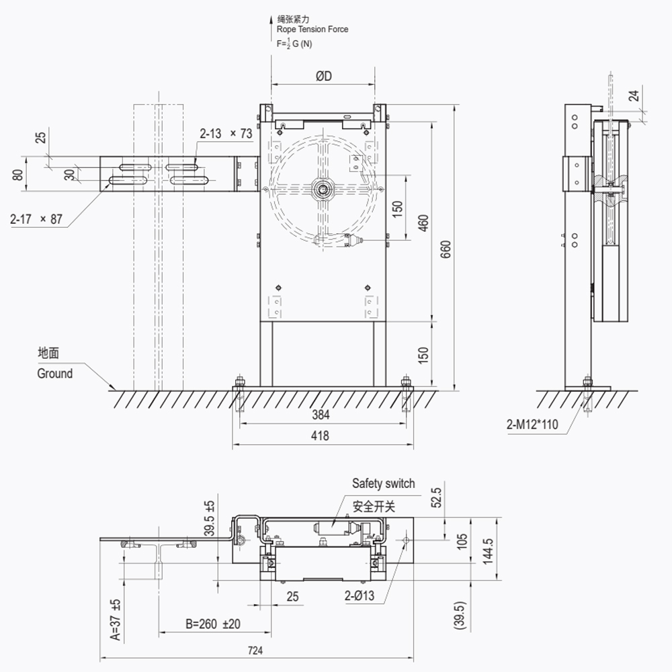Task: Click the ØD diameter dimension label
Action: tap(323, 77)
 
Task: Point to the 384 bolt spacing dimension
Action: tap(321, 415)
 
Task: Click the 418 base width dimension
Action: tap(321, 435)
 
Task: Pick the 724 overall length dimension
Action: tap(255, 650)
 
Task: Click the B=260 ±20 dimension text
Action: tap(212, 624)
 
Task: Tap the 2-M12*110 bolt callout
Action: tap(532, 424)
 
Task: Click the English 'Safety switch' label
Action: tap(383, 483)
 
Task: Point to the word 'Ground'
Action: tap(54, 374)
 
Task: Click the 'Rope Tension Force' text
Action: tap(312, 30)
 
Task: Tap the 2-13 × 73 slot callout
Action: tap(226, 134)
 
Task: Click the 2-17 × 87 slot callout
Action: tap(36, 219)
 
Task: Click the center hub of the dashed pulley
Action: tap(323, 190)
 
